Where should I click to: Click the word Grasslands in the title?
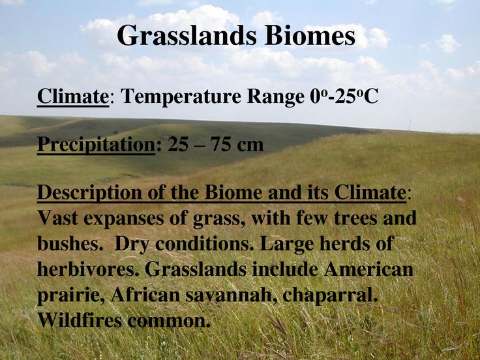tap(187, 36)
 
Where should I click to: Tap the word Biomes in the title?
tap(310, 35)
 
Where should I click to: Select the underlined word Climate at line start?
tap(73, 96)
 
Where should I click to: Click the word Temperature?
tap(181, 97)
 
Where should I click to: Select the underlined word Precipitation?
tap(96, 145)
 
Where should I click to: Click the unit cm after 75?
tap(250, 146)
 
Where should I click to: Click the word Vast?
tap(57, 218)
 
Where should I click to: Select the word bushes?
tap(70, 244)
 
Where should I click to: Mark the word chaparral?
tap(330, 295)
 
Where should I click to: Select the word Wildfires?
tap(80, 320)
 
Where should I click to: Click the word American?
tap(369, 269)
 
